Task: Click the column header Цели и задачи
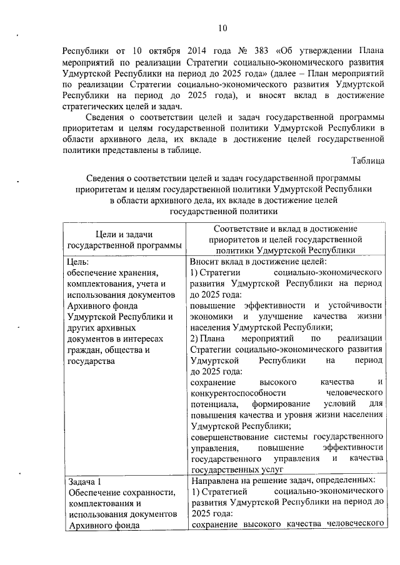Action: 123,233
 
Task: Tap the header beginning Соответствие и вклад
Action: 286,228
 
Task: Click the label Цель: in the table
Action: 78,262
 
